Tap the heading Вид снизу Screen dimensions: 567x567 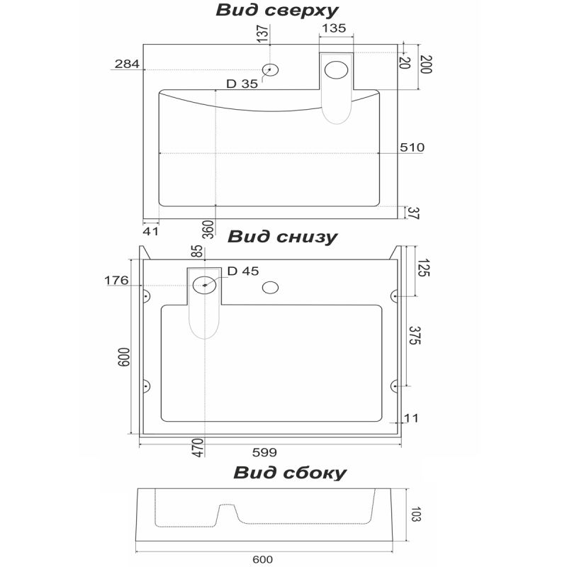click(282, 237)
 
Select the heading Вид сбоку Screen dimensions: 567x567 click(290, 472)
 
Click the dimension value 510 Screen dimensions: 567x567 click(412, 147)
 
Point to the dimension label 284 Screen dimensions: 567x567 click(126, 64)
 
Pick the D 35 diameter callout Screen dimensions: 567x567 click(242, 84)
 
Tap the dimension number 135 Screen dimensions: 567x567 click(334, 28)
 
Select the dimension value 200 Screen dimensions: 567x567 click(426, 65)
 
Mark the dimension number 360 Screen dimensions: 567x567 click(208, 229)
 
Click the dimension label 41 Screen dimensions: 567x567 click(150, 230)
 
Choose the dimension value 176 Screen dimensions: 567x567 click(116, 281)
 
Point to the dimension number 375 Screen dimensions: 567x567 click(415, 335)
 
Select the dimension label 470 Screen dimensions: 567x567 click(198, 447)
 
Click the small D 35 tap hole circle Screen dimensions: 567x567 click(271, 69)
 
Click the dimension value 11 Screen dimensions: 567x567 click(411, 418)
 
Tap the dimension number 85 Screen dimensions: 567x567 click(198, 251)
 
